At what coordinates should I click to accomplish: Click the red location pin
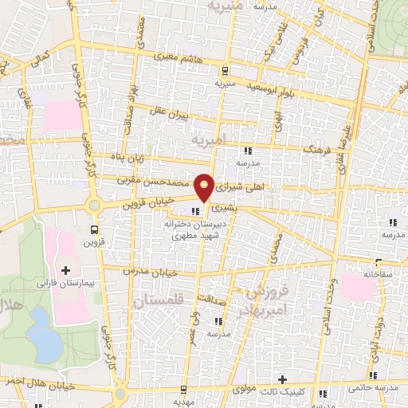click(x=206, y=186)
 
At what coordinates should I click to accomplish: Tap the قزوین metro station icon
click(x=91, y=231)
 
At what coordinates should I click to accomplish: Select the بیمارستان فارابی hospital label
click(x=65, y=282)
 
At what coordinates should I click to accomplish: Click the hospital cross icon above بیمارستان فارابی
click(x=65, y=270)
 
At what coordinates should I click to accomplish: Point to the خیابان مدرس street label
click(x=144, y=271)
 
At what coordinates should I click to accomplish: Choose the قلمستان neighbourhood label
click(x=160, y=302)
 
